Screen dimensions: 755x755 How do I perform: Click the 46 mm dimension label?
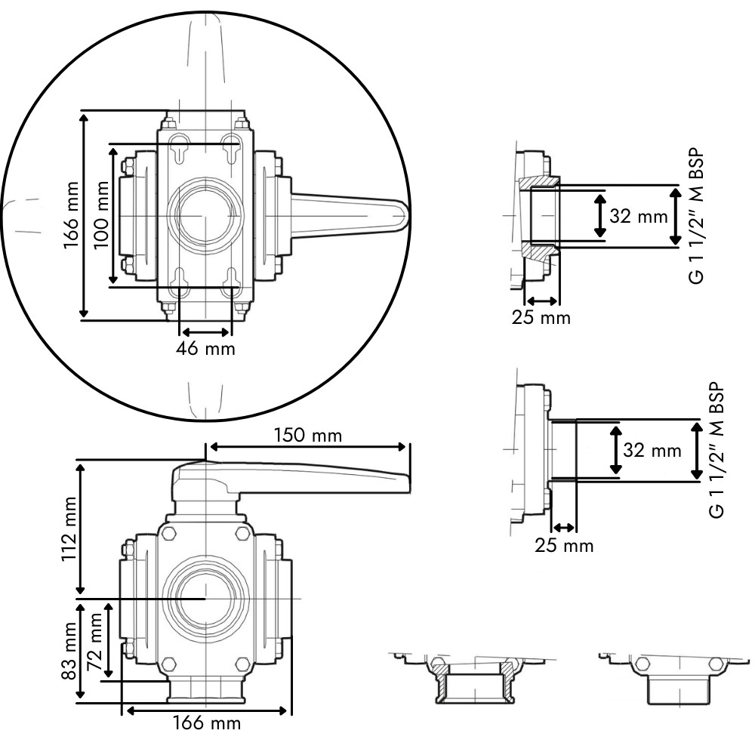coord(205,348)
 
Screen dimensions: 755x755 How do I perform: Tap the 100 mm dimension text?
coord(101,214)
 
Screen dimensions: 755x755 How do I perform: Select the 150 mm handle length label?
coord(308,436)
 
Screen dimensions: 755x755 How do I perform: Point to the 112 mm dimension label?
coord(69,528)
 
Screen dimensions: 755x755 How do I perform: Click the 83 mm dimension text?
coord(69,651)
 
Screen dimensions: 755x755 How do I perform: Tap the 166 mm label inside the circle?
coord(71,214)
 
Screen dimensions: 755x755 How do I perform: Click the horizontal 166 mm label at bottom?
coord(207,723)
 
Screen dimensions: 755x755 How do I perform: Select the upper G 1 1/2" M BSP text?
coord(696,216)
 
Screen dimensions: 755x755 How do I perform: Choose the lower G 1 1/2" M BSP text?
coord(716,450)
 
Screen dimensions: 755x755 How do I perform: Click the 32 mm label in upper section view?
coord(639,216)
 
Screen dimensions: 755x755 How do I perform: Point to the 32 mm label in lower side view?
coord(652,450)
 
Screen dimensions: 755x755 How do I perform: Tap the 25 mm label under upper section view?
coord(541,318)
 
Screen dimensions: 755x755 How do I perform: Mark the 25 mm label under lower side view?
coord(564,546)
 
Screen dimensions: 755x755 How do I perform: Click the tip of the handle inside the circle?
coord(408,215)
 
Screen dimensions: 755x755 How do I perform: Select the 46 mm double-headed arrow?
coord(205,332)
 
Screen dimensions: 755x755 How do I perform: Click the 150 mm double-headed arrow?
coord(308,447)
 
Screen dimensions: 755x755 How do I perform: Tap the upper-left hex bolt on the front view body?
coord(169,533)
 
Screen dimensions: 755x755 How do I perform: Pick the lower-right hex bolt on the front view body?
coord(242,664)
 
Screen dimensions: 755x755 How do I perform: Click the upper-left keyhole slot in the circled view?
coord(179,147)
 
